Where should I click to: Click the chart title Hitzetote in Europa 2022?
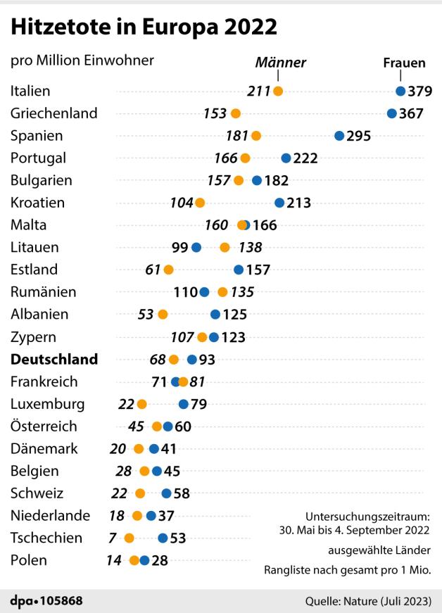click(x=144, y=28)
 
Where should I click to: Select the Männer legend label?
click(x=280, y=63)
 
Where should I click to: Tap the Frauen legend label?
click(x=404, y=63)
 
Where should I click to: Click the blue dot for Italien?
click(x=400, y=91)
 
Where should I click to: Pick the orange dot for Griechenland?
click(x=235, y=113)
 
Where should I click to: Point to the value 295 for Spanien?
click(x=359, y=136)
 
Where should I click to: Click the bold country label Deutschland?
click(x=54, y=360)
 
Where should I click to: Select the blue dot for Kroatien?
click(x=279, y=203)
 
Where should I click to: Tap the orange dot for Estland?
click(x=168, y=270)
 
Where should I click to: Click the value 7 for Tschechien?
click(x=113, y=538)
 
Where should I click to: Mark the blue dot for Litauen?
click(x=196, y=248)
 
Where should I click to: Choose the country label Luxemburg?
click(x=48, y=404)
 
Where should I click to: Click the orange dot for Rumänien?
click(x=222, y=292)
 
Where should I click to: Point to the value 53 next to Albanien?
click(x=146, y=315)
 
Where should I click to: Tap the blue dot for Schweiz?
click(x=166, y=493)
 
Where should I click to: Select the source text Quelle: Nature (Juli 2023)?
click(x=368, y=601)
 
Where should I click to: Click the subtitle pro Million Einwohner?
click(x=82, y=61)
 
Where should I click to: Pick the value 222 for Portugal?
click(x=305, y=158)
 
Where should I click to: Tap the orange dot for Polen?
click(x=134, y=561)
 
